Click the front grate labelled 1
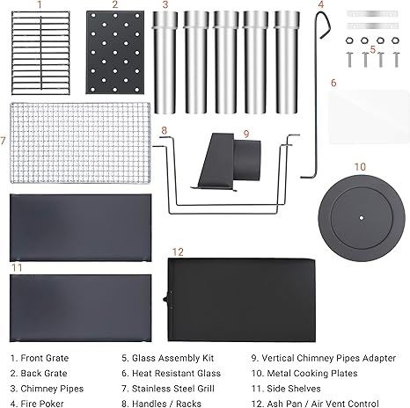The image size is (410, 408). click(40, 53)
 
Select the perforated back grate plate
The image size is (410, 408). click(115, 53)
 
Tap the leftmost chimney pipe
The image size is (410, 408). click(165, 62)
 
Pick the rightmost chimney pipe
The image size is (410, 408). click(287, 62)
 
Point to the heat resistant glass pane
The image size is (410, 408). click(369, 117)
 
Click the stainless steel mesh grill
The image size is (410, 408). click(80, 142)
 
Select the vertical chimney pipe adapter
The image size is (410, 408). click(229, 161)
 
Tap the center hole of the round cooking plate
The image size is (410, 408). click(362, 218)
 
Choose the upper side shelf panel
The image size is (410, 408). click(81, 228)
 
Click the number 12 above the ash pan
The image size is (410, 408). click(178, 251)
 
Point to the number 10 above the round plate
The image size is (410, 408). click(360, 167)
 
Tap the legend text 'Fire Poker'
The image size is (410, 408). click(42, 404)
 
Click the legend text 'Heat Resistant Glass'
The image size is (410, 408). click(176, 373)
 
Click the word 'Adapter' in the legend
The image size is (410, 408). click(379, 358)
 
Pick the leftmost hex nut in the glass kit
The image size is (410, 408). click(349, 40)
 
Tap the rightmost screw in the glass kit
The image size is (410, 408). click(396, 59)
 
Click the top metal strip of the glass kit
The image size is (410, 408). click(372, 14)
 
